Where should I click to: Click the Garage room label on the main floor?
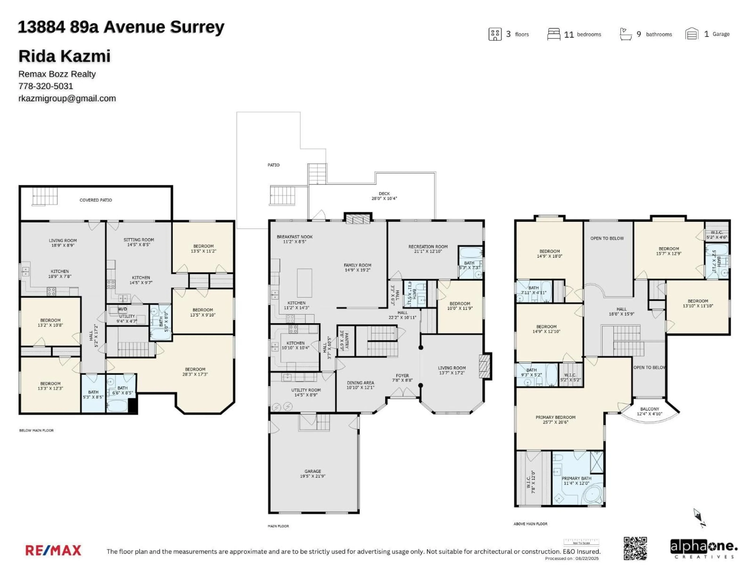(x=313, y=473)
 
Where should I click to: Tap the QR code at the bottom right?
(x=635, y=548)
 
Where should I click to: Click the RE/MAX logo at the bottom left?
(x=54, y=550)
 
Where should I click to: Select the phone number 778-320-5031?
(x=46, y=86)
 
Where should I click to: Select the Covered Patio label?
(x=96, y=200)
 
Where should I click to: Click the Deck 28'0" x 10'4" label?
(x=384, y=196)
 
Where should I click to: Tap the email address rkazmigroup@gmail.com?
(x=67, y=98)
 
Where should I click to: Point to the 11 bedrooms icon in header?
(x=554, y=34)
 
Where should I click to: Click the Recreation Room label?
(x=428, y=249)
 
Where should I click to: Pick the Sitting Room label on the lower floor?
(x=139, y=242)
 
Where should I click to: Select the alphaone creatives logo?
(x=703, y=548)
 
